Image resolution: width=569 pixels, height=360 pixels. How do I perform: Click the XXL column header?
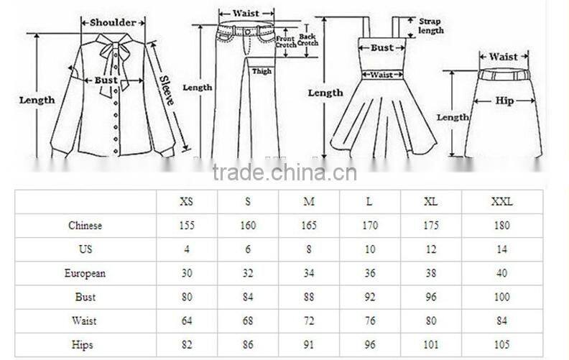[502, 202]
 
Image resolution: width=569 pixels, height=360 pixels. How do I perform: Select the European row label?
[85, 273]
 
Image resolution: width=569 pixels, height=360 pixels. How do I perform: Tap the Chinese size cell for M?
[308, 226]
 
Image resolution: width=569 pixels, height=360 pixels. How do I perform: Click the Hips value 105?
[502, 344]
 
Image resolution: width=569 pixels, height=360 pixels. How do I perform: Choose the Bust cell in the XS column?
[186, 297]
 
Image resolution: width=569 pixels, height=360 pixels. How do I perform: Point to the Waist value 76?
[370, 320]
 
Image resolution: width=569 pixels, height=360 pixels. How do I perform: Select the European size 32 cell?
[247, 273]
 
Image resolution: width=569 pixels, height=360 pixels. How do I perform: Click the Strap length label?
[430, 26]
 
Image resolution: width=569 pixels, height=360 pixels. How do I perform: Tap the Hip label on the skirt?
[504, 101]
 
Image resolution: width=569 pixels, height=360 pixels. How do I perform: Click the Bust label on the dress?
[381, 48]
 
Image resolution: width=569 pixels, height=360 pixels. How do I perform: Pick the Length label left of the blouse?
[36, 100]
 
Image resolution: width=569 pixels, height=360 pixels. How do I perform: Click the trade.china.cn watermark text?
[284, 172]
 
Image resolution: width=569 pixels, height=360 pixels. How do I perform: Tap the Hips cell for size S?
[247, 344]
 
